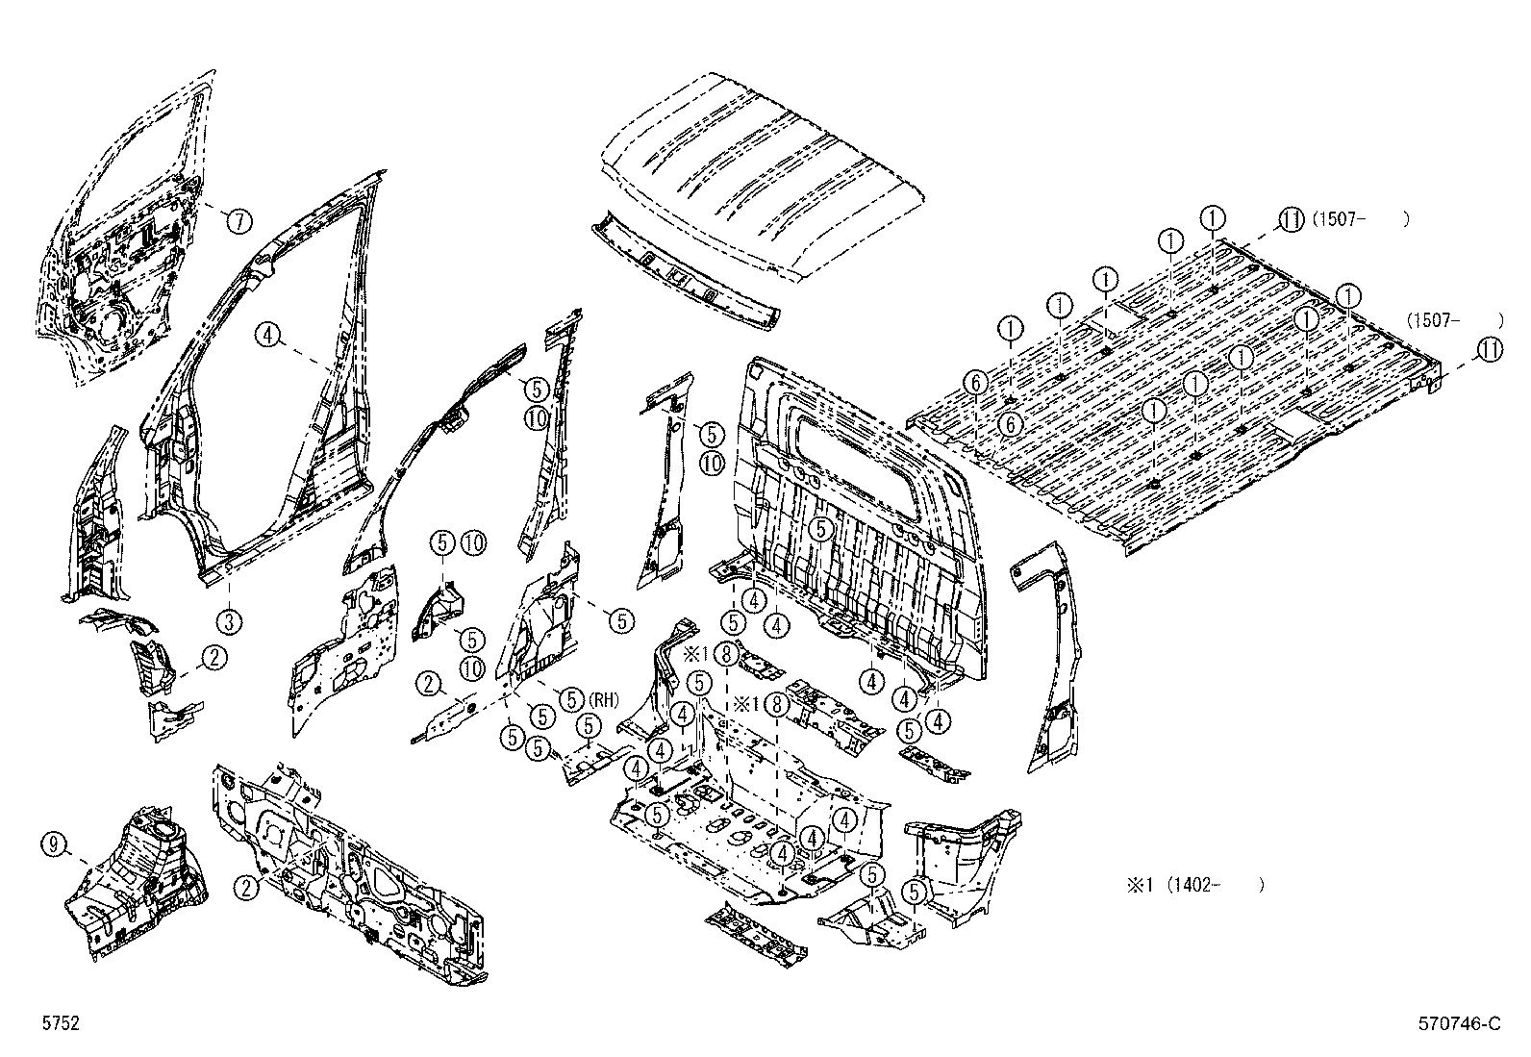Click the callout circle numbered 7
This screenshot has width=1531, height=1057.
(x=238, y=221)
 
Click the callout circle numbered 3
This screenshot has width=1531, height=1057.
(x=228, y=621)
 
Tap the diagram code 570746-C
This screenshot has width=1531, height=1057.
(x=1459, y=1024)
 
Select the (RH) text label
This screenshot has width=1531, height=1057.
(x=605, y=700)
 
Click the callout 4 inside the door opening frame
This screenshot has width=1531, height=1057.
(x=268, y=335)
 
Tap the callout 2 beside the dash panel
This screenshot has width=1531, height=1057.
(x=248, y=888)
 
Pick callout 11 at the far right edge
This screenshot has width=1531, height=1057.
(x=1490, y=351)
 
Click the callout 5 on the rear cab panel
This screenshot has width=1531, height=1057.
(x=819, y=528)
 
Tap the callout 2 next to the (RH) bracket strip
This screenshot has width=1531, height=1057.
(x=428, y=685)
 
